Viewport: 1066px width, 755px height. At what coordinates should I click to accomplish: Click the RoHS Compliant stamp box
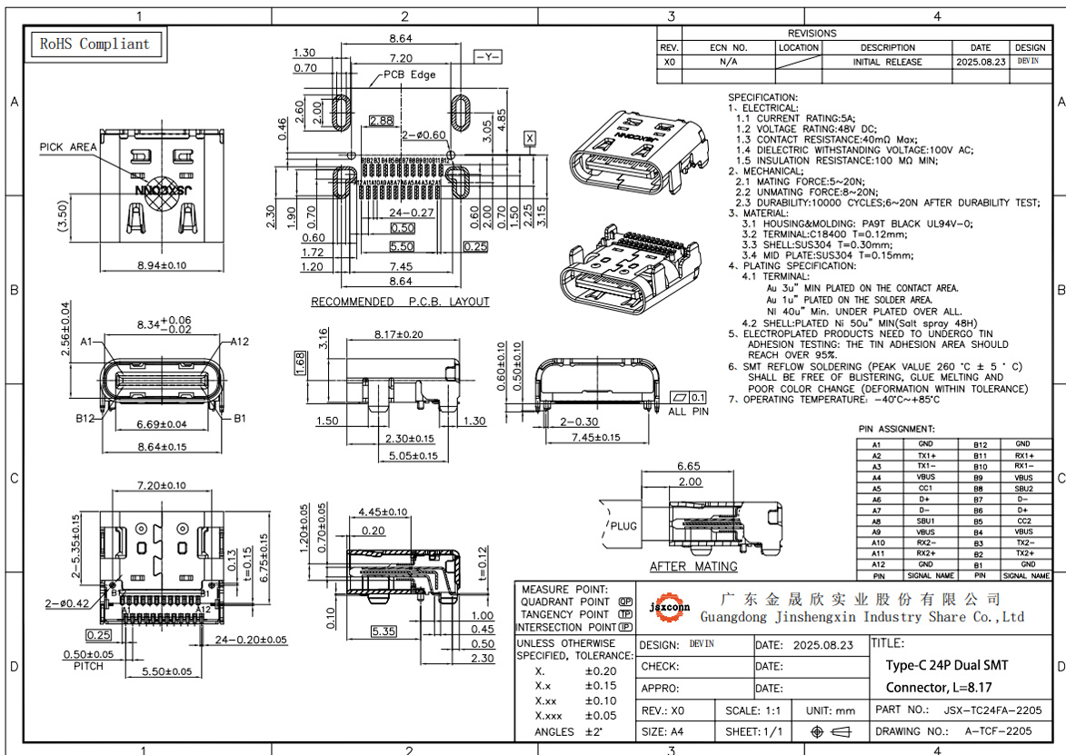[95, 44]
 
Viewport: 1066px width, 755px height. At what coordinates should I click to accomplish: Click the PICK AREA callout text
[68, 147]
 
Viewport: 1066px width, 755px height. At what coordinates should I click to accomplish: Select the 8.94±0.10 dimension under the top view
[161, 265]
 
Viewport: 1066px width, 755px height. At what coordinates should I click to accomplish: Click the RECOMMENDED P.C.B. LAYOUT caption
[400, 302]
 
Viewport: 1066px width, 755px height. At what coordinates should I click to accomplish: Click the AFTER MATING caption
[693, 566]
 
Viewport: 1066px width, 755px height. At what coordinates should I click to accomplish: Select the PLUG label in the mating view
[623, 525]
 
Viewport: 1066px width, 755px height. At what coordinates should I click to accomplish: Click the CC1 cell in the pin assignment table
[925, 488]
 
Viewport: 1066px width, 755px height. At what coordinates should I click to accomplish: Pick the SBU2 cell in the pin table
[1023, 488]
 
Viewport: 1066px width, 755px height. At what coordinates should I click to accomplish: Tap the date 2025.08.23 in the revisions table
[981, 62]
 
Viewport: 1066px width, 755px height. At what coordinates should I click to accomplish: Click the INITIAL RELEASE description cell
[887, 62]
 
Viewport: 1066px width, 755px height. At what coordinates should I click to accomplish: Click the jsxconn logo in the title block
[672, 607]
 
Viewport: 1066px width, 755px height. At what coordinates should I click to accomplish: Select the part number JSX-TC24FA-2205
[992, 710]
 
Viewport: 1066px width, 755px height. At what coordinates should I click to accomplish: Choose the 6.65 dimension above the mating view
[688, 466]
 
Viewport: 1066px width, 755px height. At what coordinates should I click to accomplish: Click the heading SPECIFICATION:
[762, 97]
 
